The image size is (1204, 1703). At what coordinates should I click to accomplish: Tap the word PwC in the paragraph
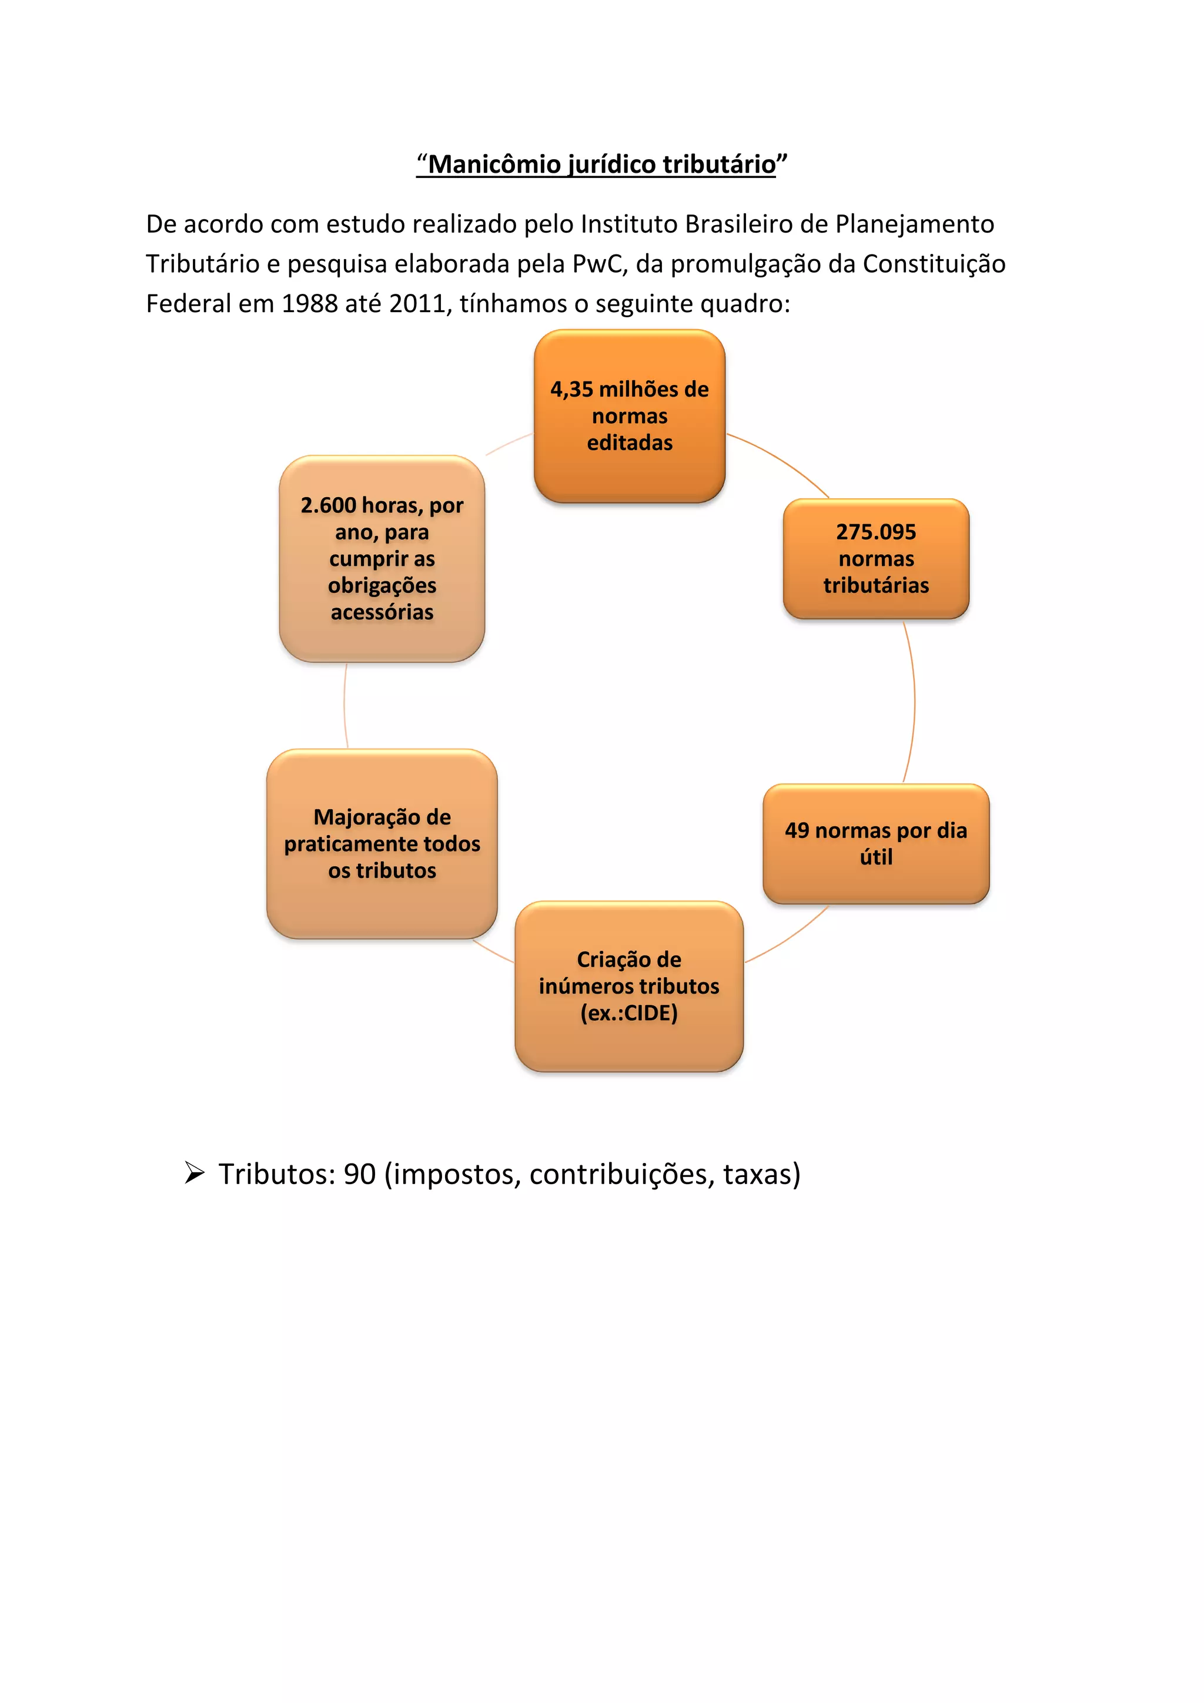[x=600, y=264]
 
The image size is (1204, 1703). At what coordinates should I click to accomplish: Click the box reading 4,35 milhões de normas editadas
[x=629, y=416]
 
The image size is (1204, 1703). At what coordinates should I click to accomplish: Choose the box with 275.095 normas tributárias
[x=875, y=558]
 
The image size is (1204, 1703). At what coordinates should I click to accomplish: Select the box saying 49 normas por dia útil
[x=875, y=843]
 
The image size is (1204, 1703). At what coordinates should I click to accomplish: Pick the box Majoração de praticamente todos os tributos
[x=382, y=843]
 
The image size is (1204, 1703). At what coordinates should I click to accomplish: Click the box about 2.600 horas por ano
[x=382, y=558]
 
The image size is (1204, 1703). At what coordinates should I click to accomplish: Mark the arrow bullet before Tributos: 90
[x=195, y=1174]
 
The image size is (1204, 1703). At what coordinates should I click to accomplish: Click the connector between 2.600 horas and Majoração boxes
[x=345, y=705]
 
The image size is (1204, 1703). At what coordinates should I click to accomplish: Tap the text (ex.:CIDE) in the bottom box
[x=629, y=1013]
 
